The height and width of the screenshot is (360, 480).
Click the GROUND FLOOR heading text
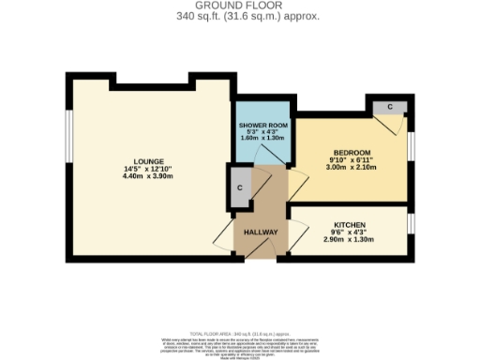point(240,6)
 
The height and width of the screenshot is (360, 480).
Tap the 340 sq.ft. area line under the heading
point(240,16)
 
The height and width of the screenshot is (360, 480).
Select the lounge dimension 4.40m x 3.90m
point(149,177)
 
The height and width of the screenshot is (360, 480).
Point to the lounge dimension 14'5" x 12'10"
point(149,169)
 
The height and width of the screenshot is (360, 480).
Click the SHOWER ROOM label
point(262,126)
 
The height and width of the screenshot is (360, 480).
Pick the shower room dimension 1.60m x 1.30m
point(262,139)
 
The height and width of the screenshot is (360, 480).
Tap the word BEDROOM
point(352,153)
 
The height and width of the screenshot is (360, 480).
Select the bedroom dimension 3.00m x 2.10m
point(352,169)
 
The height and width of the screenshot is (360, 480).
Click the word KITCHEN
point(350,225)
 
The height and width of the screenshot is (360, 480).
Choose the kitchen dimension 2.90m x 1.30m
point(350,241)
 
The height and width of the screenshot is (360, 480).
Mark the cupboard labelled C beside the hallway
point(241,187)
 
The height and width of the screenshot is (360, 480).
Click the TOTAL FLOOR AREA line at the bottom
point(240,333)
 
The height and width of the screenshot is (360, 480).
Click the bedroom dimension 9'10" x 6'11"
point(352,161)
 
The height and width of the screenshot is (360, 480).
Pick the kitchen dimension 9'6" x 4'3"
point(350,233)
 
